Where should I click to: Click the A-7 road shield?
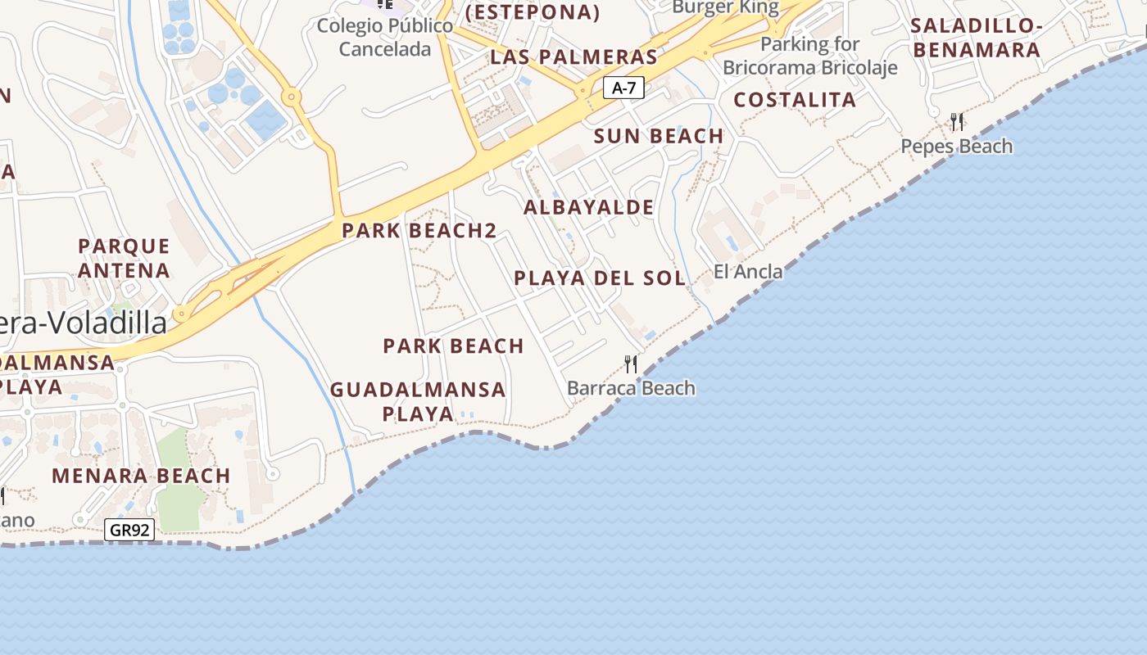[x=623, y=88]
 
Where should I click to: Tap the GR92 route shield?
[x=129, y=530]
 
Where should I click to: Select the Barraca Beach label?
[x=631, y=388]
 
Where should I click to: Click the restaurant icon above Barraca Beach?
[x=631, y=364]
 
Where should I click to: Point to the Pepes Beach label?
[x=956, y=147]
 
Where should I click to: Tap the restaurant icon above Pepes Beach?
[x=956, y=122]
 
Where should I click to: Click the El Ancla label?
[x=747, y=272]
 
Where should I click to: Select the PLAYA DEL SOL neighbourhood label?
[x=599, y=278]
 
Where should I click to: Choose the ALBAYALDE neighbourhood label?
[x=588, y=208]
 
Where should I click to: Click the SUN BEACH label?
[x=659, y=137]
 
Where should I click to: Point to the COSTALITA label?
[x=794, y=101]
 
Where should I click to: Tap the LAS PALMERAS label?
[x=573, y=57]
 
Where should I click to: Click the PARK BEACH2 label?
[x=419, y=231]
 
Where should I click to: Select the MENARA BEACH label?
[x=141, y=476]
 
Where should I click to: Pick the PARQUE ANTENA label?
[x=124, y=258]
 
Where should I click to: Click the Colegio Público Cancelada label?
[x=385, y=38]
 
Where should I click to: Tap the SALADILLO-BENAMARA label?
[x=976, y=38]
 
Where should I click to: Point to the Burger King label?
[x=725, y=8]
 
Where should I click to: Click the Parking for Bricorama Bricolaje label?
[x=809, y=56]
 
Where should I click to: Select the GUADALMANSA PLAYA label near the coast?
[x=418, y=401]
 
